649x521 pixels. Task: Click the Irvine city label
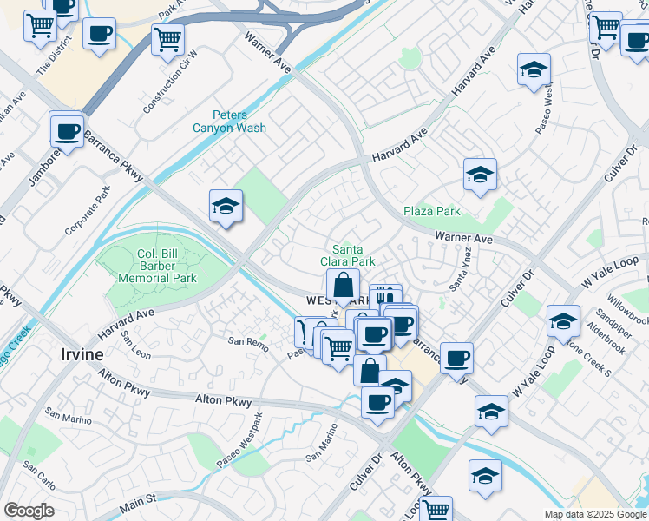tap(82, 354)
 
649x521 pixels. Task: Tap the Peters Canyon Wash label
tap(229, 122)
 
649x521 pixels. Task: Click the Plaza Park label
tap(431, 211)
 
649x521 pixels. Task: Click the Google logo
tap(29, 510)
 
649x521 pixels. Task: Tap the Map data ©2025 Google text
tap(594, 514)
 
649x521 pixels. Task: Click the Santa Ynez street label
tap(459, 279)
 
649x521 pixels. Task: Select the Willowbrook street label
tap(626, 306)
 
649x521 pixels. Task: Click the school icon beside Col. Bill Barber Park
tap(226, 207)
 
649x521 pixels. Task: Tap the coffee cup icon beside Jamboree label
tap(67, 132)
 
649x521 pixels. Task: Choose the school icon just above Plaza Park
tap(479, 175)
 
